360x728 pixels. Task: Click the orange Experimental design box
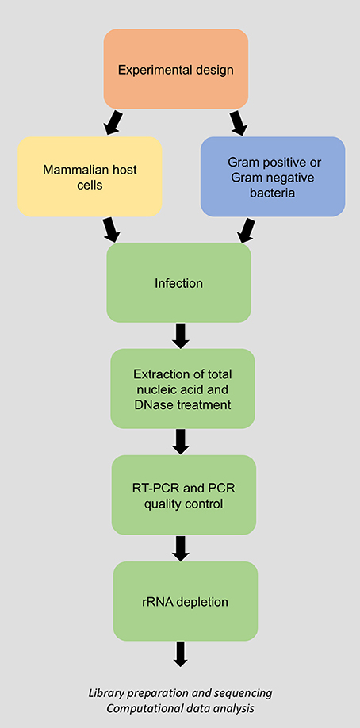coord(175,70)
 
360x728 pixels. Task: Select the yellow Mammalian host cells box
coord(89,176)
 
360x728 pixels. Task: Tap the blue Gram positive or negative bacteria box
coord(272,176)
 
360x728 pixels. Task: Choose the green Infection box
coord(178,282)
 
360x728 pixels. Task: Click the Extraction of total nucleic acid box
coord(182,389)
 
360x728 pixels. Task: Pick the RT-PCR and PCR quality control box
coord(183,496)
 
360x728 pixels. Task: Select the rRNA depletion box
coord(185,601)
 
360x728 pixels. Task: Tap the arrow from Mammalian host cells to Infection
coord(111,229)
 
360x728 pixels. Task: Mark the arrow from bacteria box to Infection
coord(246,229)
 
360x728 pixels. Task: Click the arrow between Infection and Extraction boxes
coord(181,335)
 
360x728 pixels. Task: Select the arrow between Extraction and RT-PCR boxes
coord(181,442)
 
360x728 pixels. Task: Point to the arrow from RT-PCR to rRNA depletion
coord(181,548)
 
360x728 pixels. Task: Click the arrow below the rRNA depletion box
coord(181,653)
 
